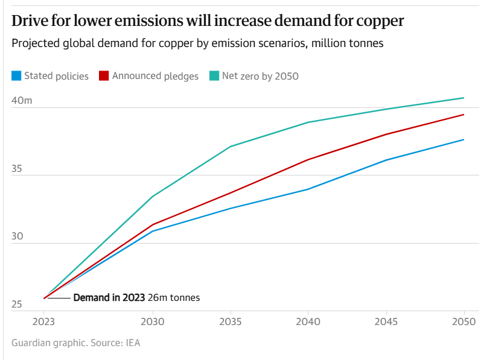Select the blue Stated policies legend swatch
[x=16, y=76]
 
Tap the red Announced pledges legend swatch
[x=103, y=76]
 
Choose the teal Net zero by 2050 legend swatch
[x=214, y=76]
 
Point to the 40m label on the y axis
[x=21, y=101]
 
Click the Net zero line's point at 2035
[x=230, y=147]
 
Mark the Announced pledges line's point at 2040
[x=308, y=160]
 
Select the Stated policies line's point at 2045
[x=386, y=160]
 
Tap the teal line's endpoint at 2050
[x=463, y=98]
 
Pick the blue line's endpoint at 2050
[x=463, y=140]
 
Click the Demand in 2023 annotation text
[x=109, y=298]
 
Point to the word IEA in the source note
[x=133, y=343]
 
